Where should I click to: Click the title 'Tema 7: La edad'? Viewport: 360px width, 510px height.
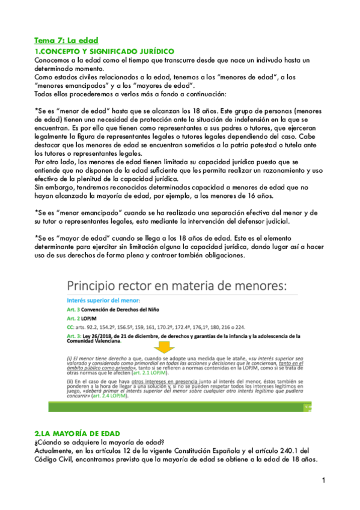[66, 41]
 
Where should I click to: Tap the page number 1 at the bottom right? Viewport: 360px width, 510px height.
[323, 480]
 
